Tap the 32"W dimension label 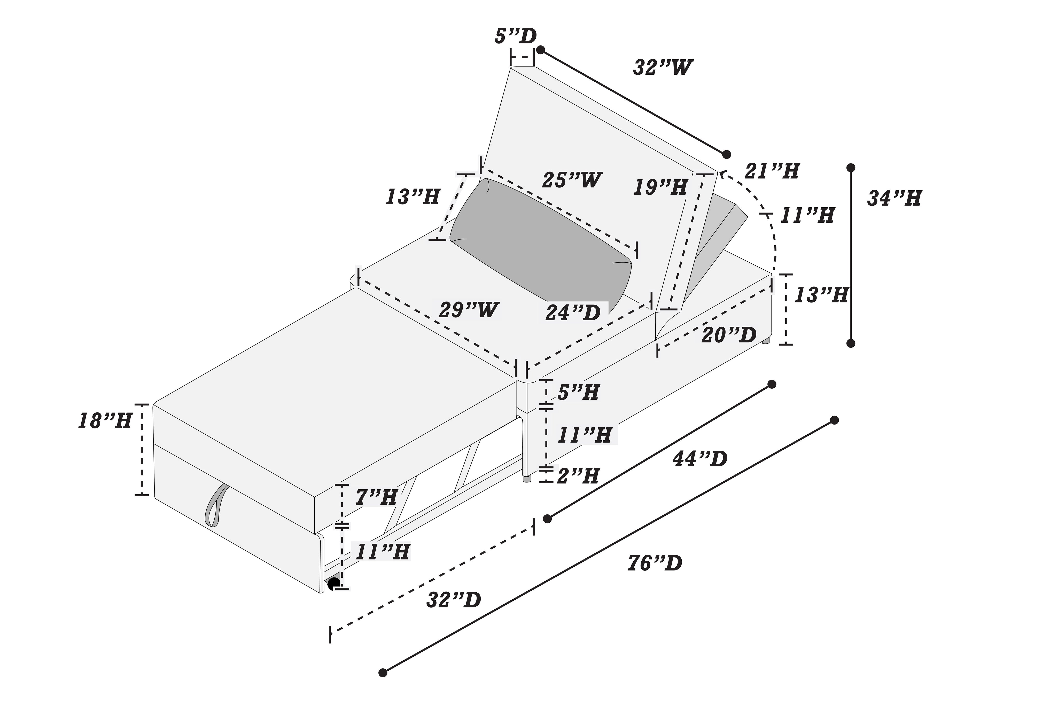662,67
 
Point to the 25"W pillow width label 572,180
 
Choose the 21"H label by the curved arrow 772,171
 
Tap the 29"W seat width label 469,310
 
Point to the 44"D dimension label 700,459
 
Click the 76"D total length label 655,563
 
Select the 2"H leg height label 578,476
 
